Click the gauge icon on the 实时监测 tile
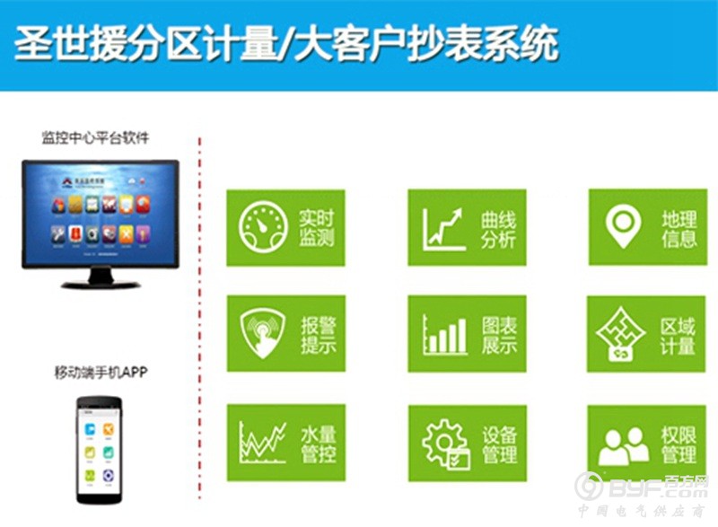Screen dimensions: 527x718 pos(263,227)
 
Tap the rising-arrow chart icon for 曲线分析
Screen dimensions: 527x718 pos(445,227)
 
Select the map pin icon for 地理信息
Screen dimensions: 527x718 pos(622,225)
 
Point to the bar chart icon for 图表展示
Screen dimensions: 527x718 pos(445,335)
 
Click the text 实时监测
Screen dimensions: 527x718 pos(317,227)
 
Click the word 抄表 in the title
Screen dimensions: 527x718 pos(423,41)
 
